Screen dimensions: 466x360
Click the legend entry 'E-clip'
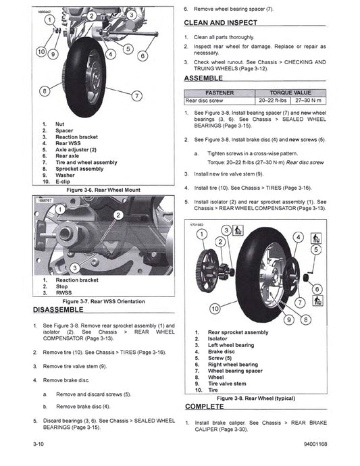tap(65, 182)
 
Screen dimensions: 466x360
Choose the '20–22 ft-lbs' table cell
tap(267, 99)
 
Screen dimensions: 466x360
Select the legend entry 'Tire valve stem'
tap(229, 384)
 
